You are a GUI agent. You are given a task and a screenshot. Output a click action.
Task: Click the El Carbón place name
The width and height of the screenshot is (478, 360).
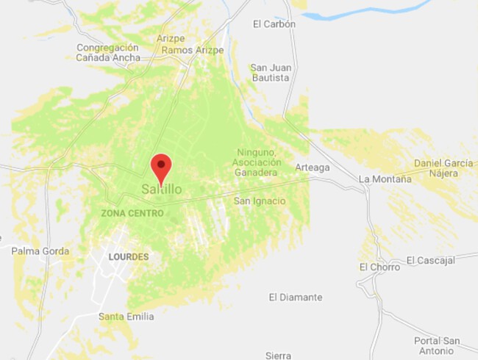click(274, 24)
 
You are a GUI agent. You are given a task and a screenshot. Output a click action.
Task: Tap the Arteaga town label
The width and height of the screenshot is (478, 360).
click(313, 168)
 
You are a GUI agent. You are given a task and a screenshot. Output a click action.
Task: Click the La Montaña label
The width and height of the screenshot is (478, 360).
click(384, 179)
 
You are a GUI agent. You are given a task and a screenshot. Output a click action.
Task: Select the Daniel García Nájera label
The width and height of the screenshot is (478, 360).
click(445, 168)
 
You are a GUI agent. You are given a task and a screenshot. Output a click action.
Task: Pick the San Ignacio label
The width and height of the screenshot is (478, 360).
click(260, 201)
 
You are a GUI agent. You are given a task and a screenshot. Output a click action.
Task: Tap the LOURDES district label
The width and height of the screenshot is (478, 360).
click(128, 257)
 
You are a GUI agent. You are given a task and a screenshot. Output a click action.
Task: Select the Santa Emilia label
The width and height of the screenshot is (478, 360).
click(126, 317)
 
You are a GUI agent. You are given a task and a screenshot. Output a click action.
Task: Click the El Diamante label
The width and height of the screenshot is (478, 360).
click(296, 298)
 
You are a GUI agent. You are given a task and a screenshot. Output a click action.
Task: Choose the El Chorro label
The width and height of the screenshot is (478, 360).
click(379, 267)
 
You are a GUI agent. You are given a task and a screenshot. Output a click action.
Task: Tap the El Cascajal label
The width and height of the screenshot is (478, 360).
click(431, 260)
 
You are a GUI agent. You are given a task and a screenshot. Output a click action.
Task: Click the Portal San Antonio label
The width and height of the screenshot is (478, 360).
click(437, 346)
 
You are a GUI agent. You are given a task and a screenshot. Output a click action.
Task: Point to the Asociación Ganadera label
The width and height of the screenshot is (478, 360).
click(254, 167)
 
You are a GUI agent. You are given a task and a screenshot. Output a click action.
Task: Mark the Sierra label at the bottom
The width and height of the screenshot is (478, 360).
click(279, 356)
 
